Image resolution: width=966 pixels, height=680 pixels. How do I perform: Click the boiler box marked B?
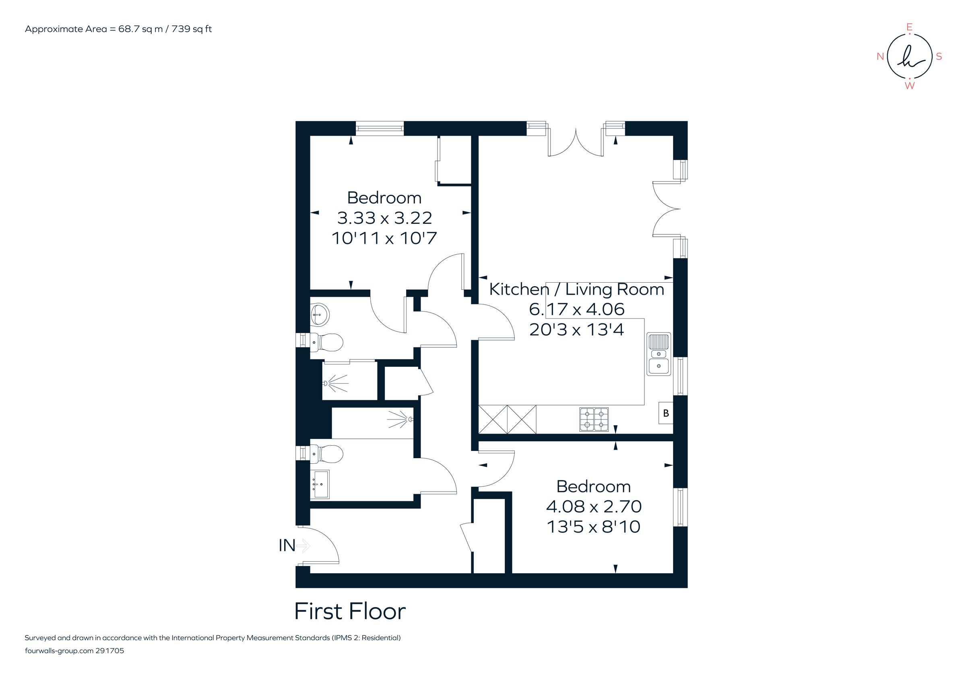(x=666, y=413)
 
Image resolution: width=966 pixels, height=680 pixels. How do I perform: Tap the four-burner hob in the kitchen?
(x=594, y=419)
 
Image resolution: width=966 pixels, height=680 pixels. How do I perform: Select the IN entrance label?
(x=287, y=546)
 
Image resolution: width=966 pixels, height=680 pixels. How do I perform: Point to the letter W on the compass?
(x=909, y=86)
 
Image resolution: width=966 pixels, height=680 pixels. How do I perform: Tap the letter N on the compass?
(x=880, y=57)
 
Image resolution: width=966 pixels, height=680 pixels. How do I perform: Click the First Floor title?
(x=350, y=612)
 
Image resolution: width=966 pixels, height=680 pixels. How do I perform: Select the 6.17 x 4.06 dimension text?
(x=576, y=309)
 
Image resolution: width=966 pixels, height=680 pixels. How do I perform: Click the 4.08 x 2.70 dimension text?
(x=593, y=506)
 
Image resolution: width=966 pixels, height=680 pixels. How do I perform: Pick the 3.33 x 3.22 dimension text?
(x=384, y=218)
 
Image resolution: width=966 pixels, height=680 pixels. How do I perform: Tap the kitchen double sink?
(x=658, y=354)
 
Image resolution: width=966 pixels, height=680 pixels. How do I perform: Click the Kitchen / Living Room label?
(x=576, y=289)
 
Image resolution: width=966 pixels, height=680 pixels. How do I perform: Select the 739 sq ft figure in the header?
(x=192, y=29)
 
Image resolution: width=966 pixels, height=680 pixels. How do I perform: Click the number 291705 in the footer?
(x=110, y=651)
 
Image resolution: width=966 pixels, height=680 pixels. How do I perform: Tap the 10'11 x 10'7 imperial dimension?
(x=384, y=238)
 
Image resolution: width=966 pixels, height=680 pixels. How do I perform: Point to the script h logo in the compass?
(x=909, y=57)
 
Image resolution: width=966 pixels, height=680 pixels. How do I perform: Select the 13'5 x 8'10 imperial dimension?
(x=593, y=527)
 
